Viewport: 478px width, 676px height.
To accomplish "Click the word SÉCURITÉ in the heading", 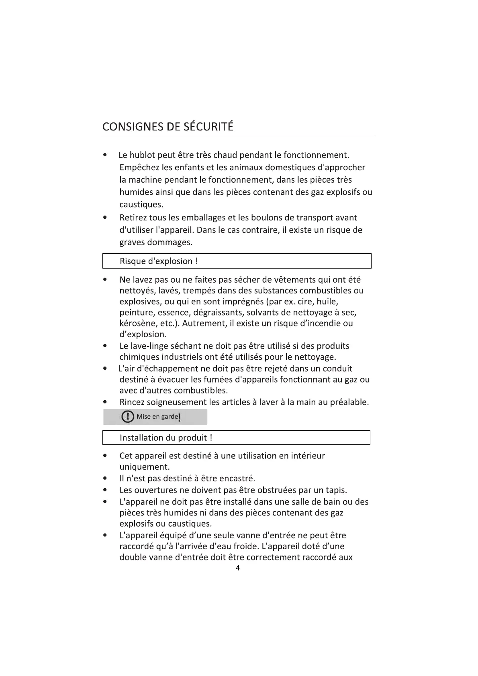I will [208, 127].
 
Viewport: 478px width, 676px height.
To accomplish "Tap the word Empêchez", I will [139, 167].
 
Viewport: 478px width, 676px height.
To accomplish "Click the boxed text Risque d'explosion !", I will [159, 261].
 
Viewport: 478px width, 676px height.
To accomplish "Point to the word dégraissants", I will [218, 313].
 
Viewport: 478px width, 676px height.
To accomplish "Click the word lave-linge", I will [154, 346].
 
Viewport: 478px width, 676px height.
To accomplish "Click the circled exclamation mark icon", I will [128, 417].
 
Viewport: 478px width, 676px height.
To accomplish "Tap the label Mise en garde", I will [157, 417].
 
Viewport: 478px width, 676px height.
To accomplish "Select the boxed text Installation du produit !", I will [166, 438].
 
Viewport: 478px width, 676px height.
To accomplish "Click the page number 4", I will [238, 568].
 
